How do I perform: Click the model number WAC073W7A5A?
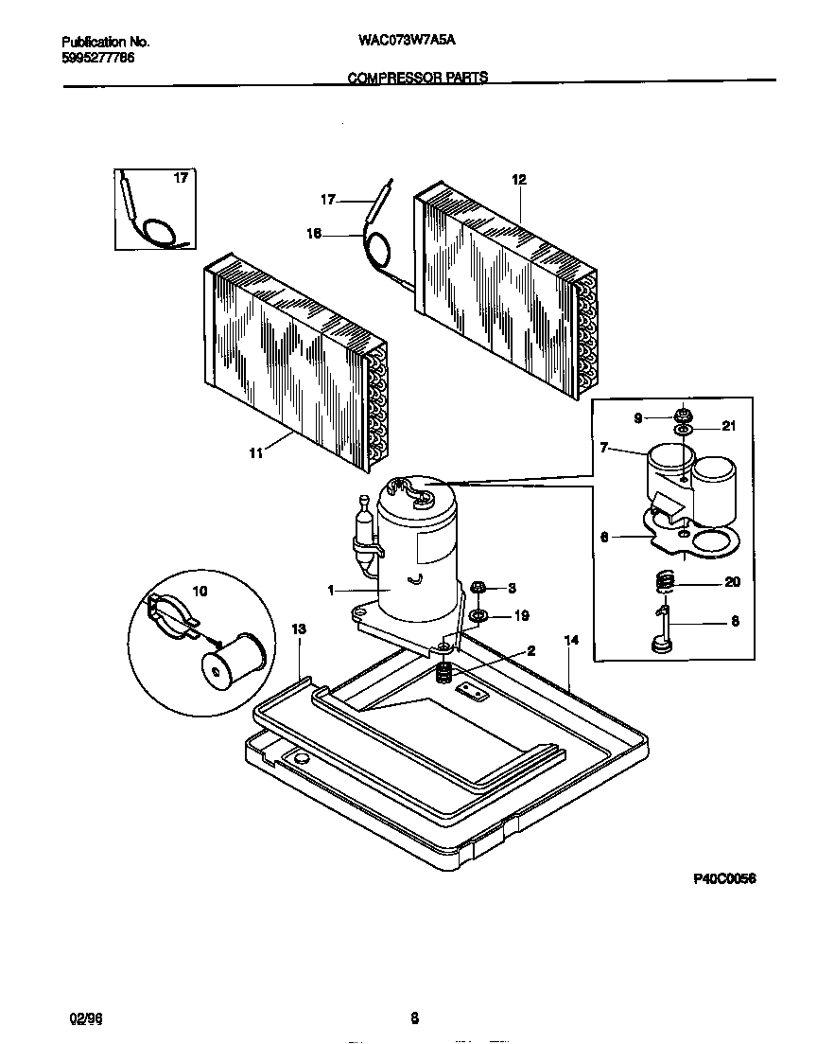414,42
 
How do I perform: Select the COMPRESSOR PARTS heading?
418,78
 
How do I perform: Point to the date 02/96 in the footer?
84,1018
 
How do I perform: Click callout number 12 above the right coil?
518,180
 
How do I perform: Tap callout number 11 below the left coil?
255,454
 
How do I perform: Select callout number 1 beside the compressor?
332,590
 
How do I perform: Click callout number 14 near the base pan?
570,641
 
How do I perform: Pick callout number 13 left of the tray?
300,628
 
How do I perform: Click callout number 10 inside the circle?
199,591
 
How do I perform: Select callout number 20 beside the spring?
732,582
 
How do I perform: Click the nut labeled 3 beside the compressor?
478,589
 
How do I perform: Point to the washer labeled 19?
478,617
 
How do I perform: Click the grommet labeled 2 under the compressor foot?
442,674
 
